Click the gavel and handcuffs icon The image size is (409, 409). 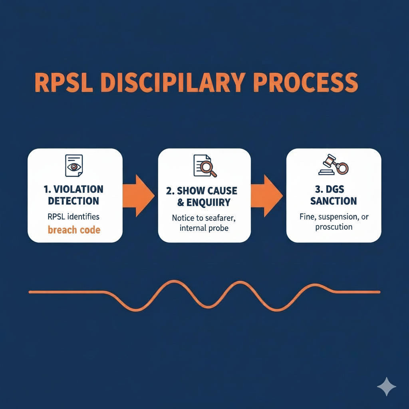(334, 165)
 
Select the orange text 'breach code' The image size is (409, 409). (74, 230)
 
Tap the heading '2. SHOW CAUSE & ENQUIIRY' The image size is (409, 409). (204, 196)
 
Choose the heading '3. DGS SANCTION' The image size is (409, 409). (334, 195)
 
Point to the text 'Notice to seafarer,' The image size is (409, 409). (204, 218)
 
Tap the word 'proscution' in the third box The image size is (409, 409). (334, 227)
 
